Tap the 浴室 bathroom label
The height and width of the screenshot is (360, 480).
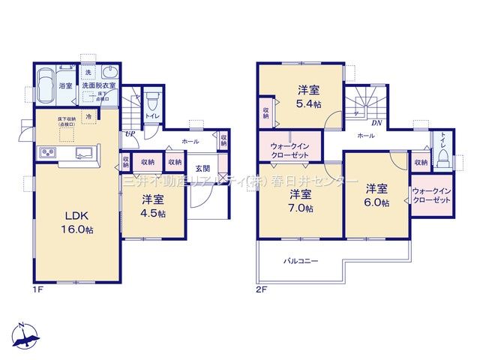pos(66,85)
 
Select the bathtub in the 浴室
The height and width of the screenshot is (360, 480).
pos(46,85)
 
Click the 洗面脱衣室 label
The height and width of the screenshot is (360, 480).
pos(99,85)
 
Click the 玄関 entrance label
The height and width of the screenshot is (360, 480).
pos(202,168)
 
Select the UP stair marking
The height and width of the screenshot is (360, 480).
pos(130,134)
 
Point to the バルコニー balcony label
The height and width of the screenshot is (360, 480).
pos(301,262)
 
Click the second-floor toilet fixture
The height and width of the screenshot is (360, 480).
pos(442,158)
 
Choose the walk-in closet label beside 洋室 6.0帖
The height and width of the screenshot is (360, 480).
pos(430,197)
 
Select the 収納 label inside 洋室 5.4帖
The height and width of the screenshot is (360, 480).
pos(266,112)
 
